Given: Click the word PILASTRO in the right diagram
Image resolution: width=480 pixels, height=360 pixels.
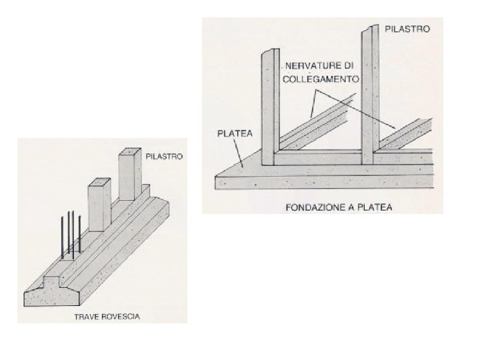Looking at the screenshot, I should (408, 29).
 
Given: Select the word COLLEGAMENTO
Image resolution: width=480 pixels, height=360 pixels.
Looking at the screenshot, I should (323, 78).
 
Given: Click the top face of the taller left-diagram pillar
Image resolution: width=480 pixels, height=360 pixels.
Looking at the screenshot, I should (131, 155).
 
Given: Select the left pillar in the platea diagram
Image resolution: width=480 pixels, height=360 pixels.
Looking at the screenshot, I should (269, 107).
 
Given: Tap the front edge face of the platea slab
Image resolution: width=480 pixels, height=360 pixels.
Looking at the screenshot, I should (320, 181).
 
